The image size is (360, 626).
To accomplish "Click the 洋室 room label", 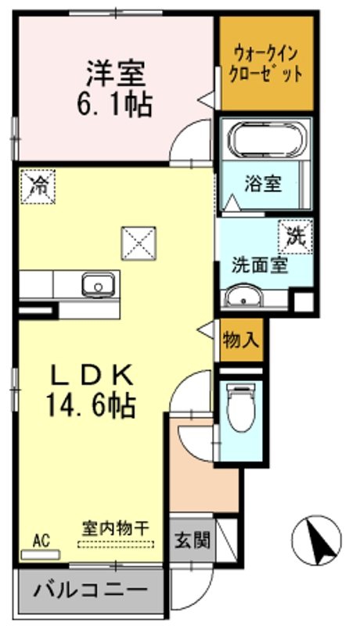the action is point(116,74).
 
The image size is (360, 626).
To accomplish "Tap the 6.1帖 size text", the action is point(114,105).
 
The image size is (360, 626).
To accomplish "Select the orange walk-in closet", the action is point(267,64).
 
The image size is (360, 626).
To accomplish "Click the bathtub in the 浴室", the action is point(266,140).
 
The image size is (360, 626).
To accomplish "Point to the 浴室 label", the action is point(263,184).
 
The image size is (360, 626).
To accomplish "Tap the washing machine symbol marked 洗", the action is point(296,236).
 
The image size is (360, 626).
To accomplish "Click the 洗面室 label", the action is point(260,265).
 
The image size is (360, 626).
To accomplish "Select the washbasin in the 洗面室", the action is point(243,296).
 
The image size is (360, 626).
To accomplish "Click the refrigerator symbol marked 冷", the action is point(38,186).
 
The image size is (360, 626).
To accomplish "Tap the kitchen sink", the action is point(98,284).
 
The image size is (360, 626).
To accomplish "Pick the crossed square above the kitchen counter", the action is point(139,243).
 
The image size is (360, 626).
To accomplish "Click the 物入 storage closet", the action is point(242,340).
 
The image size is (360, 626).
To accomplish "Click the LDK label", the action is point(92,376).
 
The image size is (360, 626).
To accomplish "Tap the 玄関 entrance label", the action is point(192,541).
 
